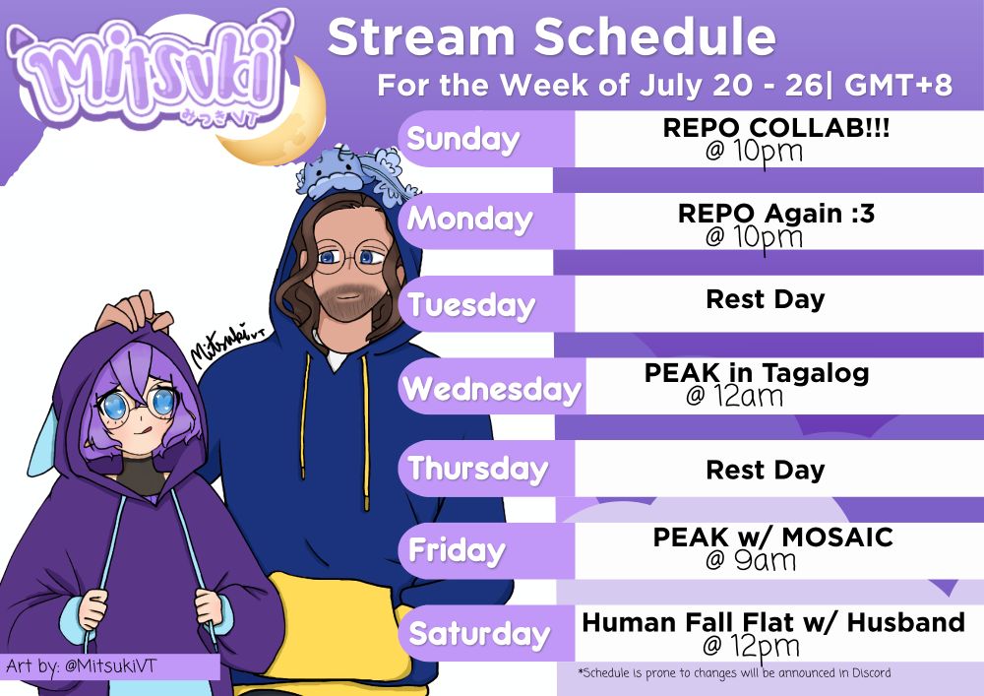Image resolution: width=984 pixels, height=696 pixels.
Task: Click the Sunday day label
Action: [463, 139]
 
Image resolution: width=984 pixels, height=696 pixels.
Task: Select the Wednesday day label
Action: [492, 389]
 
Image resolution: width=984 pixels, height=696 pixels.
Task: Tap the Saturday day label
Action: [479, 633]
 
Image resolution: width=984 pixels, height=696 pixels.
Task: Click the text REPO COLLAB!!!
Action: [775, 128]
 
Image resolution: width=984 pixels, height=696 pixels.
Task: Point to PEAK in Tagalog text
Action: [757, 373]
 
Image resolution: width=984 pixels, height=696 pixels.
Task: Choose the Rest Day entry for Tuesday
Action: [765, 299]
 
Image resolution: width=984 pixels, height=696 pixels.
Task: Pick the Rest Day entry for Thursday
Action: [765, 470]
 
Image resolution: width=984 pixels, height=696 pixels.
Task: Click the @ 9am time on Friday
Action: [751, 559]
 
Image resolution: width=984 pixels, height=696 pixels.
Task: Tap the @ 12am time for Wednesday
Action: [734, 396]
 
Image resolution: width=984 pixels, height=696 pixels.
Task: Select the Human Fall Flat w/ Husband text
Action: [773, 622]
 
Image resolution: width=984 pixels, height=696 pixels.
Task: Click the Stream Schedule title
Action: [552, 36]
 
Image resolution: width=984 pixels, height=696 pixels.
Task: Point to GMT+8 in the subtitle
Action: [898, 85]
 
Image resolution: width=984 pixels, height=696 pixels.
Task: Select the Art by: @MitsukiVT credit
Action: [81, 665]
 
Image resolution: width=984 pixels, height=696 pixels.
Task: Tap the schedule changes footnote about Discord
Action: [734, 673]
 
